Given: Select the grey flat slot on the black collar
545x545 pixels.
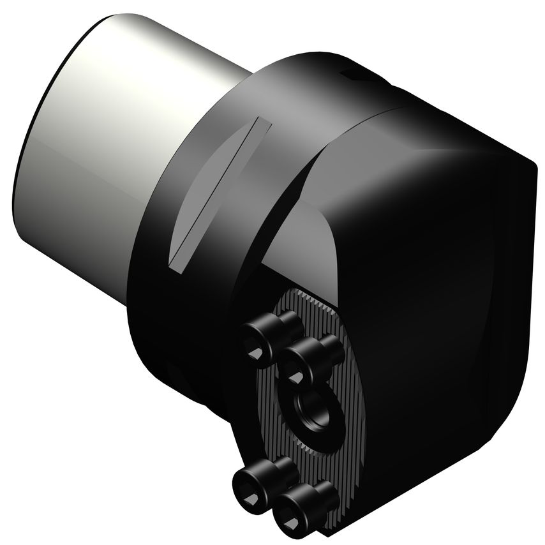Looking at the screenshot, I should click(214, 191).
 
